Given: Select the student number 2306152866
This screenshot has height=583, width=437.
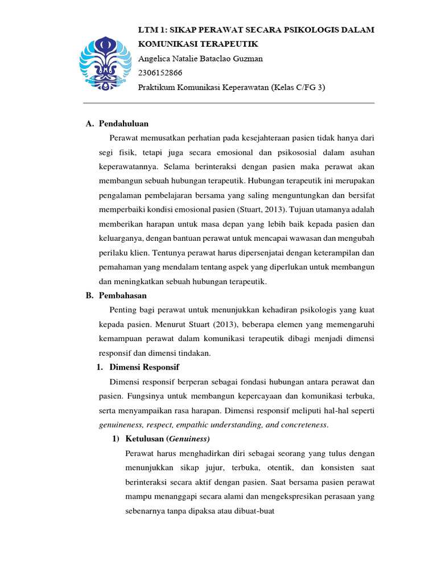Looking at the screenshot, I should (x=162, y=73).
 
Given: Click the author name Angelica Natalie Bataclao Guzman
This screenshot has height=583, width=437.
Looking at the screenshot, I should (x=200, y=59).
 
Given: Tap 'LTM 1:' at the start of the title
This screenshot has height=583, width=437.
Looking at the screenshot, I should (x=152, y=30).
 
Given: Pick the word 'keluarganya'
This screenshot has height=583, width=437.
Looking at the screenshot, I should (x=120, y=238).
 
